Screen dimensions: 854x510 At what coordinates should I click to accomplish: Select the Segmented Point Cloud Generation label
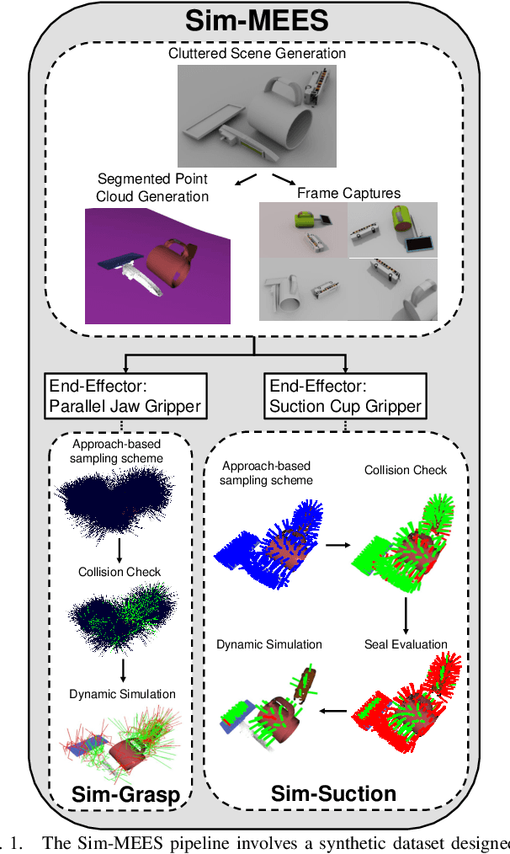pyautogui.click(x=152, y=186)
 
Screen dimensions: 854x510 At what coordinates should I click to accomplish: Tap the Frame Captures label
pyautogui.click(x=348, y=193)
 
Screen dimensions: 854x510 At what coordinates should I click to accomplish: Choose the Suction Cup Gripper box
pyautogui.click(x=346, y=397)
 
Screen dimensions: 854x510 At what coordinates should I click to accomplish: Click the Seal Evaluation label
pyautogui.click(x=406, y=644)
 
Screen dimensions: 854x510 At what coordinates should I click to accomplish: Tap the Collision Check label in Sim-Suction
pyautogui.click(x=406, y=470)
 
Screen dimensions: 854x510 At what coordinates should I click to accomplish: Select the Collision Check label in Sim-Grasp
pyautogui.click(x=120, y=572)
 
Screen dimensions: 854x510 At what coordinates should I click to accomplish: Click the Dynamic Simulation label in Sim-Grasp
pyautogui.click(x=123, y=694)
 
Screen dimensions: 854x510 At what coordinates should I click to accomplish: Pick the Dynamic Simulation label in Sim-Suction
pyautogui.click(x=269, y=644)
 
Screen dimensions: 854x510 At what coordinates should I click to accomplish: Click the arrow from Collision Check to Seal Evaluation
pyautogui.click(x=406, y=612)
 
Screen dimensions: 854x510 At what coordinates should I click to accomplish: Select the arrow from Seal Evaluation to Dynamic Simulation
pyautogui.click(x=335, y=710)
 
